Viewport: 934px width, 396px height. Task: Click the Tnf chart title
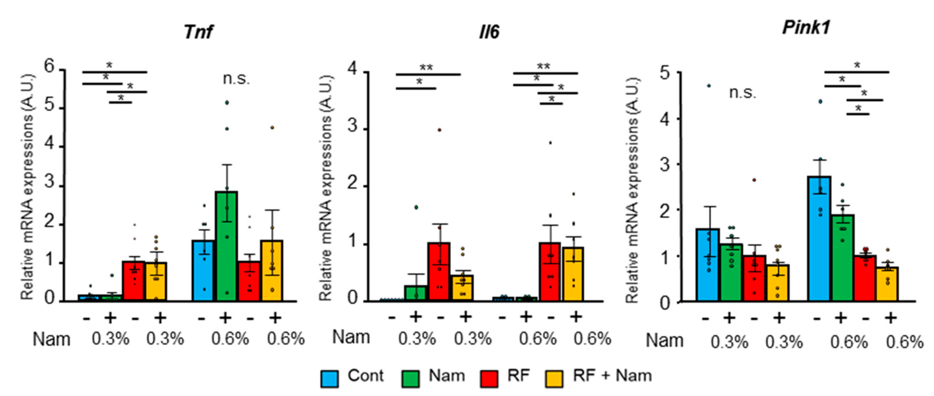pos(198,32)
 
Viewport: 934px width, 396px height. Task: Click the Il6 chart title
pos(489,32)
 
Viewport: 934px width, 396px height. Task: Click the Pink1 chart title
pos(806,28)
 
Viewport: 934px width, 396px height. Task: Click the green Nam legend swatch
pos(410,379)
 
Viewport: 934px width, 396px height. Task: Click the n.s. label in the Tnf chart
pos(236,79)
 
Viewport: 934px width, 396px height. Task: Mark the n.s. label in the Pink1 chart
pos(742,93)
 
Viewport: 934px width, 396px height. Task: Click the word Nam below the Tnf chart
pos(51,340)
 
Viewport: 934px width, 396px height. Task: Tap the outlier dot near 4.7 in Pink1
pos(709,86)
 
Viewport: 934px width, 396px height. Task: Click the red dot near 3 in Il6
pos(439,130)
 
